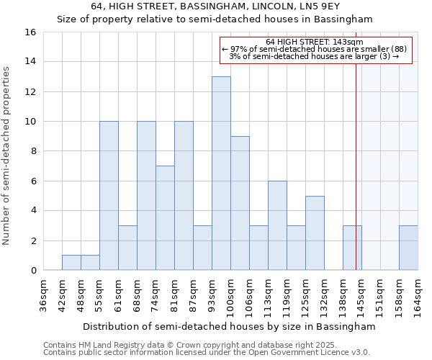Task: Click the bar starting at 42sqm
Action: [x=71, y=263]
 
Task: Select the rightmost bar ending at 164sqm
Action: [x=408, y=248]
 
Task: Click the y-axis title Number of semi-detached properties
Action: [x=7, y=156]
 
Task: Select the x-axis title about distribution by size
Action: [x=229, y=326]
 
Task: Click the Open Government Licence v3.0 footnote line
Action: [x=207, y=353]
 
